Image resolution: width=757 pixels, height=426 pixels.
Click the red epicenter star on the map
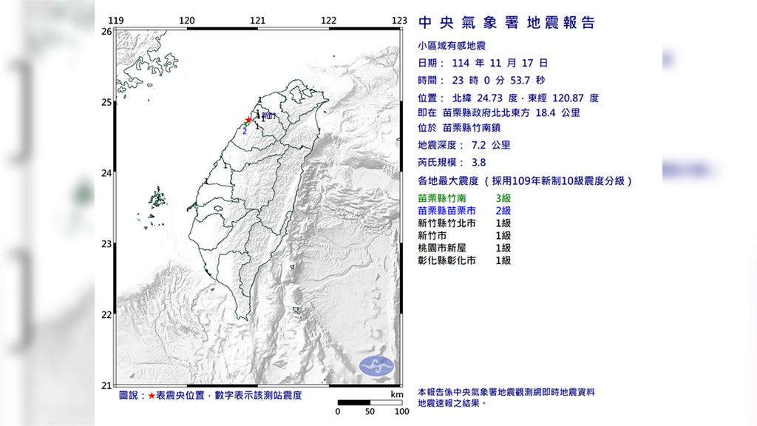(248, 120)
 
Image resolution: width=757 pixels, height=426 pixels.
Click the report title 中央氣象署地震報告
(506, 23)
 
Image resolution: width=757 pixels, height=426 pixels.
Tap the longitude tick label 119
(115, 21)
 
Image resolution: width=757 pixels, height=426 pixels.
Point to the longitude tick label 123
(399, 21)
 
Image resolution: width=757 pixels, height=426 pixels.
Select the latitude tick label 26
(106, 32)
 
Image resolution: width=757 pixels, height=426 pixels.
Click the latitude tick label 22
(106, 315)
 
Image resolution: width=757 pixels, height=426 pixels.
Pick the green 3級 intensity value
(503, 198)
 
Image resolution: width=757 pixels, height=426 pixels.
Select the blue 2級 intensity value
(503, 211)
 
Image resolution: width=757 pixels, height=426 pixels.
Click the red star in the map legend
(152, 396)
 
